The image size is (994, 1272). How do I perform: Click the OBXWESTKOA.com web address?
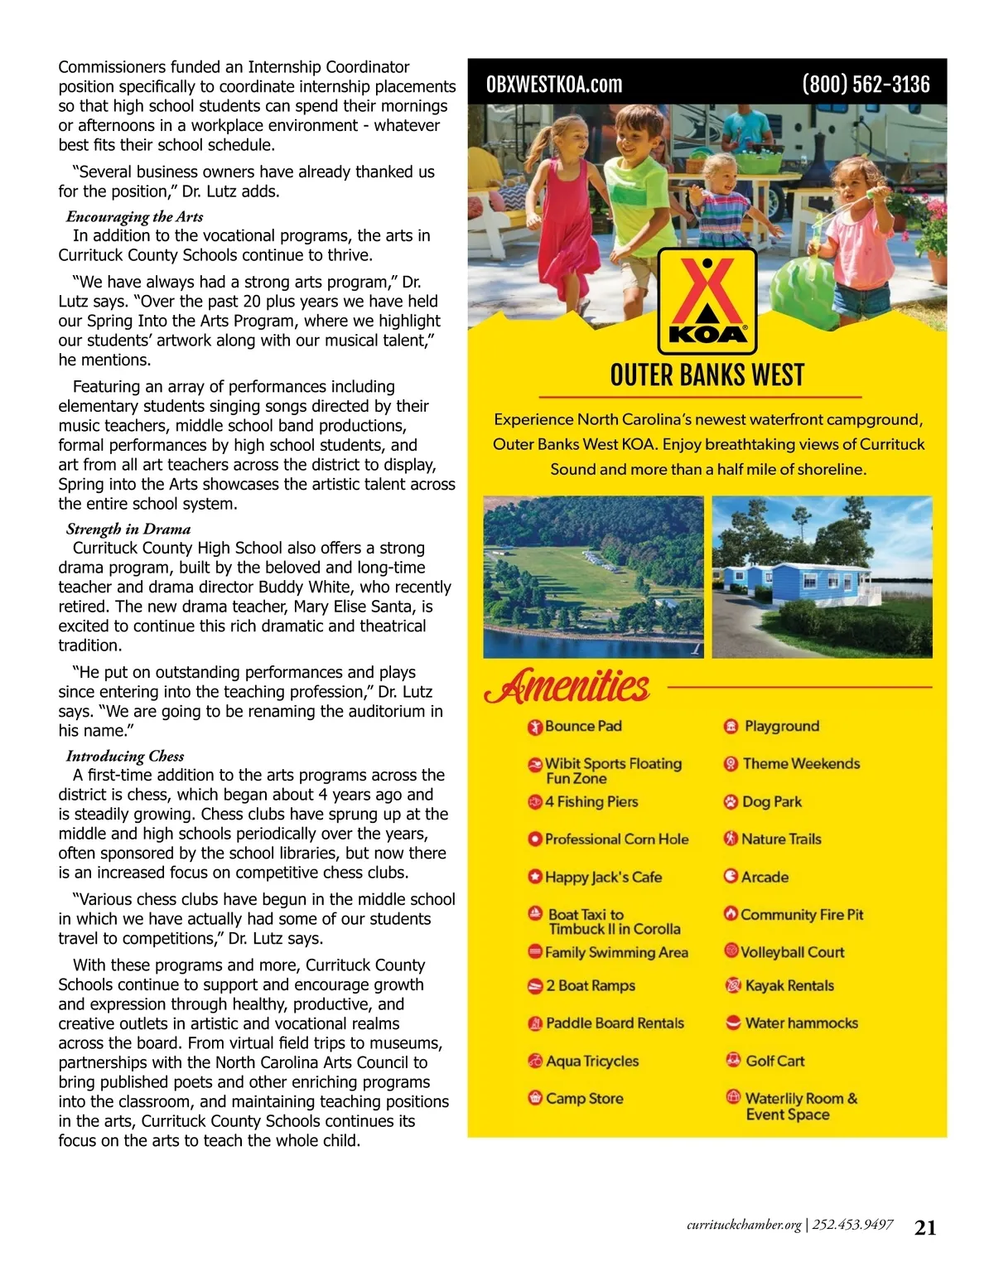click(x=554, y=85)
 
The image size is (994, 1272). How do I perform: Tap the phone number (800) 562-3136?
click(x=866, y=85)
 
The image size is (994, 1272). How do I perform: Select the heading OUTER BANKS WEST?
click(x=707, y=375)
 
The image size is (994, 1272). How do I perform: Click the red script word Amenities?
click(x=567, y=687)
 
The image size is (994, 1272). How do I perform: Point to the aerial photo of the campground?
click(x=593, y=577)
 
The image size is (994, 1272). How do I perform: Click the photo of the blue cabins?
click(x=822, y=577)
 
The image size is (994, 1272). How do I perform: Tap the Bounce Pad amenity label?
click(x=583, y=727)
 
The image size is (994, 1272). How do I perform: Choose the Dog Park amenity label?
click(x=772, y=802)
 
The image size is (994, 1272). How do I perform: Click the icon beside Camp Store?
click(x=535, y=1099)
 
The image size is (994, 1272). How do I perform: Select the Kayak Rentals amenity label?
click(x=789, y=986)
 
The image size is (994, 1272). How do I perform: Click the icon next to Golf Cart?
click(x=732, y=1061)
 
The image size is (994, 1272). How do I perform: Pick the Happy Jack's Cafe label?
click(x=603, y=878)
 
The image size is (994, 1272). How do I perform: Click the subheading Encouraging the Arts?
click(x=135, y=217)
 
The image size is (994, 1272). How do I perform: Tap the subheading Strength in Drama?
click(x=128, y=530)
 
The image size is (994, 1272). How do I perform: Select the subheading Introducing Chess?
click(x=125, y=757)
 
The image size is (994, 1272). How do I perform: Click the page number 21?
click(x=925, y=1228)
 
